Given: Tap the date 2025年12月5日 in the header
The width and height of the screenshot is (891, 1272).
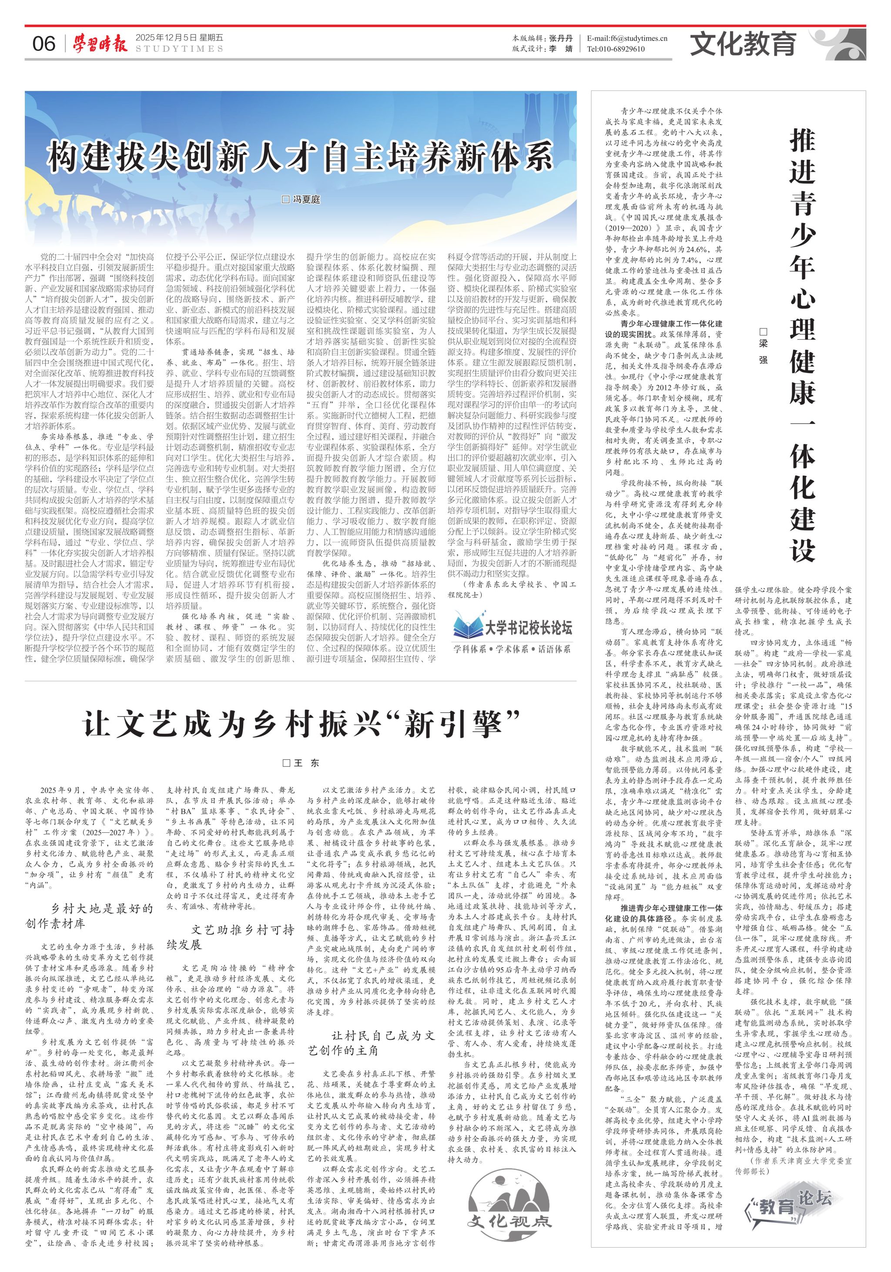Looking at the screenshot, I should point(166,38).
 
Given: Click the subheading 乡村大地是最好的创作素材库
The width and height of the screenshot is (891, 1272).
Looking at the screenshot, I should point(89,915).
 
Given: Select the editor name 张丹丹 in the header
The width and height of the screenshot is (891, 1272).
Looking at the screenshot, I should point(561,38).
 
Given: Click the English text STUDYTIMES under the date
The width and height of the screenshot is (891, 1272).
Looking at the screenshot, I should point(179,49).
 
